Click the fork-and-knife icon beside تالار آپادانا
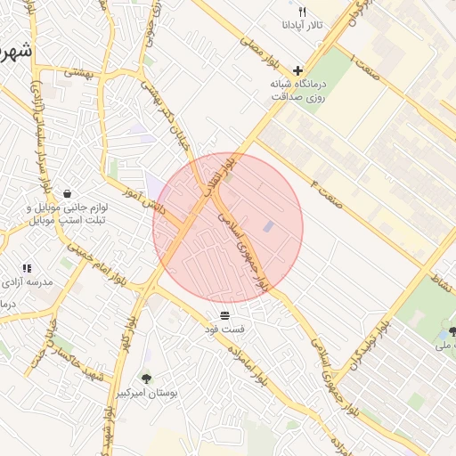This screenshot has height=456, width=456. tap(302, 12)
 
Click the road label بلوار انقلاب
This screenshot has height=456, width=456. tap(232, 166)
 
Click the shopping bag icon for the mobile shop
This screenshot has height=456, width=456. tap(68, 192)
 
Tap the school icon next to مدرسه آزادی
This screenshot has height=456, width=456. tap(27, 267)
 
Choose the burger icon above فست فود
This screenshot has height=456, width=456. tap(224, 315)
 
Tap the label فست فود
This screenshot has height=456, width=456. tap(224, 329)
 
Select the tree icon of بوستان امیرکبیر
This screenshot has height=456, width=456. tap(146, 379)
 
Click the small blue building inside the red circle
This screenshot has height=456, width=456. tap(268, 227)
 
